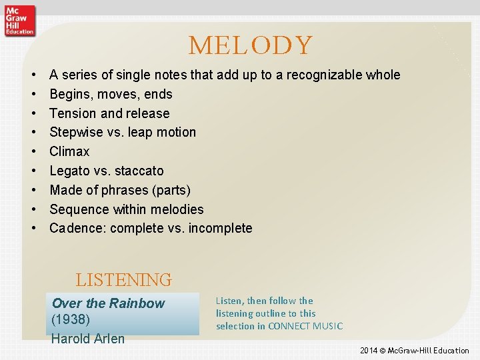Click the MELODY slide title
(x=250, y=45)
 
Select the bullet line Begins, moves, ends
(x=111, y=94)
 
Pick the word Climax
(x=69, y=151)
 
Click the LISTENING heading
(x=123, y=279)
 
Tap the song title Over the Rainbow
(x=108, y=303)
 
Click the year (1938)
(x=70, y=320)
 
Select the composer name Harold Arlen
(x=88, y=338)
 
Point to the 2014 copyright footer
(x=414, y=350)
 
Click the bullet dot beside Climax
(x=33, y=151)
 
